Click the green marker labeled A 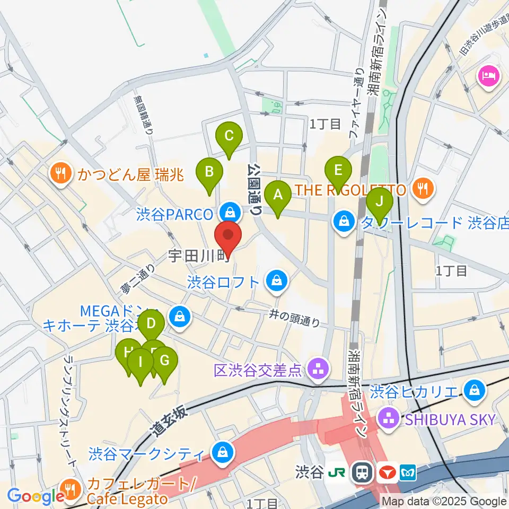[278, 196]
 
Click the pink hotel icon [487, 75]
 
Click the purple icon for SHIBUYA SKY [390, 419]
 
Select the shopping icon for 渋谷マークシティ [218, 453]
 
